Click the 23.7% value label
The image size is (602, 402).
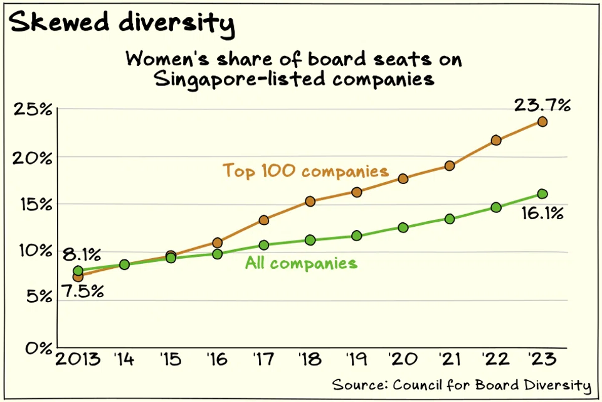click(542, 105)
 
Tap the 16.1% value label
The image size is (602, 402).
click(542, 213)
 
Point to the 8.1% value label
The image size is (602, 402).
click(82, 254)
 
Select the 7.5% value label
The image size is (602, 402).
click(83, 291)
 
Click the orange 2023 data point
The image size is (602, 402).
click(542, 122)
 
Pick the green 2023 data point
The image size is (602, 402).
click(542, 193)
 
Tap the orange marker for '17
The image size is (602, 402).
click(264, 220)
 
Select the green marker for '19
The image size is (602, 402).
click(357, 236)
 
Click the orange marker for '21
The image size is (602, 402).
click(450, 166)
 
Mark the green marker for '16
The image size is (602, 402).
click(218, 254)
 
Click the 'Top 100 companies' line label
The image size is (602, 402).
click(305, 171)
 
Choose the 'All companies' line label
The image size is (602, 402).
click(302, 263)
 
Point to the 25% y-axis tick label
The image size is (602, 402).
click(33, 110)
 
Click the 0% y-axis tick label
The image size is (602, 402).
click(39, 349)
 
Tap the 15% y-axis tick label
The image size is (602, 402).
click(36, 205)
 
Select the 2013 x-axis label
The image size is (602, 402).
click(78, 360)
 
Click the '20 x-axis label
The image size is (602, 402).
click(403, 359)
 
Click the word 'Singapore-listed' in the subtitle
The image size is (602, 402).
click(240, 80)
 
